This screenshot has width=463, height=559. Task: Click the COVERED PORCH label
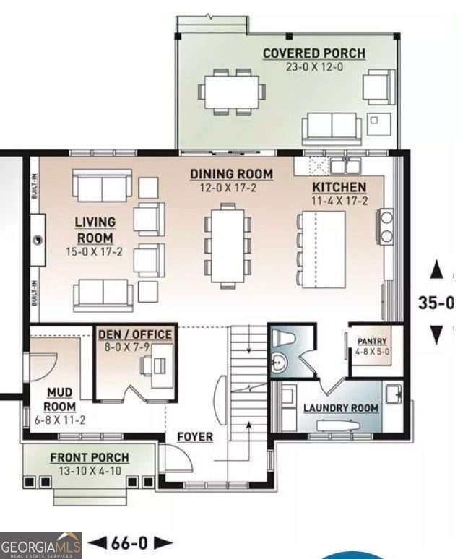(x=314, y=53)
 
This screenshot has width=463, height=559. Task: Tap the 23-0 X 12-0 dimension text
(x=314, y=66)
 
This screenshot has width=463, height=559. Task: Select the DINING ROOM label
(x=231, y=174)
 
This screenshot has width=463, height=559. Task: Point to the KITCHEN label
(x=339, y=188)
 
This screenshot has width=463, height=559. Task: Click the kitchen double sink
(x=345, y=166)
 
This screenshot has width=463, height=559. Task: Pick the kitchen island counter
(x=324, y=250)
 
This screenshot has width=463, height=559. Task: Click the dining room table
(x=228, y=246)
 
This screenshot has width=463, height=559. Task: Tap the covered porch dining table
(x=232, y=92)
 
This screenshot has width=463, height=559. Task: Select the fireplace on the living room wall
(x=37, y=240)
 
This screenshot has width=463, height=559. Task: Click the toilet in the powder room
(x=282, y=337)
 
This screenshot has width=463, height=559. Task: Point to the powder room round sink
(x=279, y=363)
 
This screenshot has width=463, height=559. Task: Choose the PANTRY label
(x=372, y=341)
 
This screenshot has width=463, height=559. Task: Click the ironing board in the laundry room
(x=338, y=425)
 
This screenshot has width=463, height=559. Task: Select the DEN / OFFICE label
(x=135, y=334)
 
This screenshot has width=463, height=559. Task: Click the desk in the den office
(x=163, y=365)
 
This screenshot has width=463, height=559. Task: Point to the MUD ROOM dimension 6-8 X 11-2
(x=60, y=420)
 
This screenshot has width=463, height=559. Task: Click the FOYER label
(x=195, y=437)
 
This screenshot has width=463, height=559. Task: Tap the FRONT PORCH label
(x=90, y=457)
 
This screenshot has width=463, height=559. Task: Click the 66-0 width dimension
(x=129, y=543)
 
